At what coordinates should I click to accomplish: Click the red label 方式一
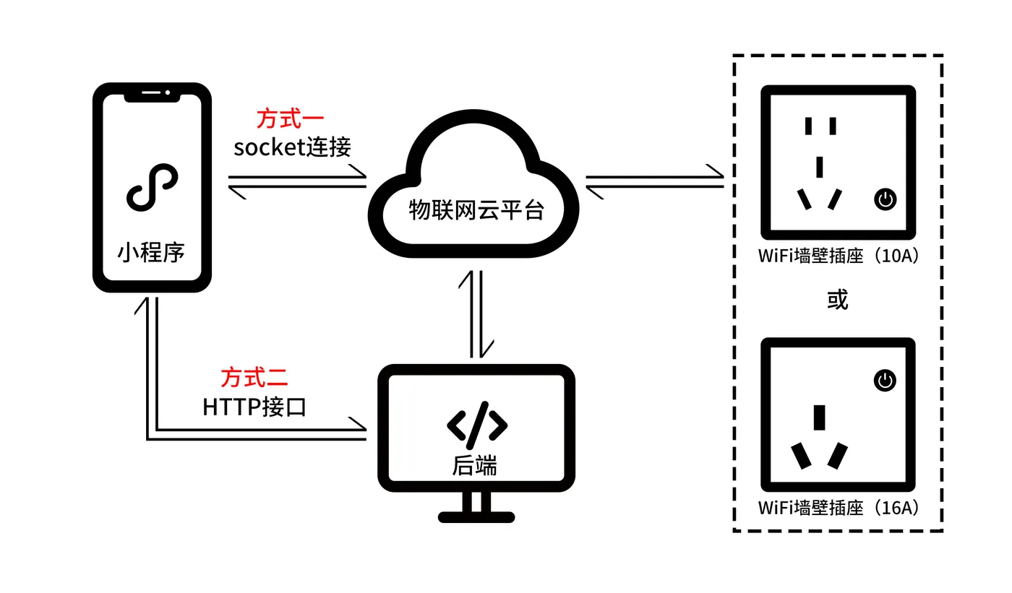[x=290, y=119]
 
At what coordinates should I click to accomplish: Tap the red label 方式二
[x=254, y=378]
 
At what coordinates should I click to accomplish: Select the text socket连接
[x=292, y=147]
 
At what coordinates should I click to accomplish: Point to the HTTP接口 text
[x=254, y=407]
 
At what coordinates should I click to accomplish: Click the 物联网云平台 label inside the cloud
[x=476, y=210]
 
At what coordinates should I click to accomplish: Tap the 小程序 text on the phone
[x=151, y=252]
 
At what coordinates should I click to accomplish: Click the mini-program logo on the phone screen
[x=153, y=187]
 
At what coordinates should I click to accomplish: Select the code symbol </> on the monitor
[x=477, y=425]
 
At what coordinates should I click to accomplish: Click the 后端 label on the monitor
[x=475, y=465]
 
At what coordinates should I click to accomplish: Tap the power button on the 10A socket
[x=885, y=199]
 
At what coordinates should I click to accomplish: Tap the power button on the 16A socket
[x=885, y=381]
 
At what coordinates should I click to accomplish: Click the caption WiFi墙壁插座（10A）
[x=839, y=256]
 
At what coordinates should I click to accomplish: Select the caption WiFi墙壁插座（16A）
[x=839, y=508]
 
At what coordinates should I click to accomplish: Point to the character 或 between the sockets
[x=838, y=299]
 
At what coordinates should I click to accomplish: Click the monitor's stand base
[x=476, y=517]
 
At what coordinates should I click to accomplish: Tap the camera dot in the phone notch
[x=168, y=92]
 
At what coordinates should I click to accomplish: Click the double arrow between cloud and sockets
[x=655, y=181]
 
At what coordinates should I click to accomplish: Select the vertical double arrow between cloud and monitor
[x=476, y=314]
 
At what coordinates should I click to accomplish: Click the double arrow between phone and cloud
[x=297, y=181]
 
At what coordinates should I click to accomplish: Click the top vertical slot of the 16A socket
[x=819, y=418]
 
